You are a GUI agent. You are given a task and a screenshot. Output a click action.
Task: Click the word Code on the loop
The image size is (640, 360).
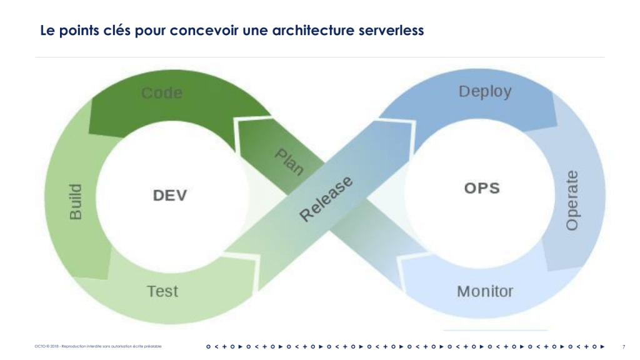click(x=162, y=93)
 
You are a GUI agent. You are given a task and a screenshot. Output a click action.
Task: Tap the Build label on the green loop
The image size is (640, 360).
click(x=75, y=201)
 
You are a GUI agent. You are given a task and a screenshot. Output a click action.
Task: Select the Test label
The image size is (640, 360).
click(x=162, y=291)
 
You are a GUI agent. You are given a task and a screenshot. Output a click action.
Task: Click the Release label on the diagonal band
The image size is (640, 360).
click(x=326, y=199)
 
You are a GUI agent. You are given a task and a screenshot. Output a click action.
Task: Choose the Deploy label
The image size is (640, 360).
click(x=485, y=91)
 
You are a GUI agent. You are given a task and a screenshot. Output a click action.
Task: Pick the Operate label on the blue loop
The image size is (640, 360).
click(x=571, y=200)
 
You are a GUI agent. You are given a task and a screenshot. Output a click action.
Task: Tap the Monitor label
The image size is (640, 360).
click(x=485, y=291)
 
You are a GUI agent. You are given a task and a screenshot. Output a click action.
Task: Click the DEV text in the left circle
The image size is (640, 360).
click(x=170, y=195)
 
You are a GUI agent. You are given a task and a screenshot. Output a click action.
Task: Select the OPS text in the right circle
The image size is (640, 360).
click(x=482, y=187)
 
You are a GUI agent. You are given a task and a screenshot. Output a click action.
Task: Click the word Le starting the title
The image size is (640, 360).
click(x=47, y=30)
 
